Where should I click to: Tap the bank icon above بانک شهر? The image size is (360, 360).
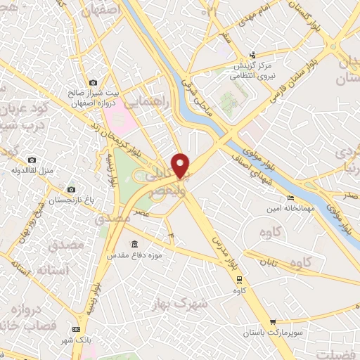tap(76, 329)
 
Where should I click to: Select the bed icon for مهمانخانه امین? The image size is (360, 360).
tap(290, 199)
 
